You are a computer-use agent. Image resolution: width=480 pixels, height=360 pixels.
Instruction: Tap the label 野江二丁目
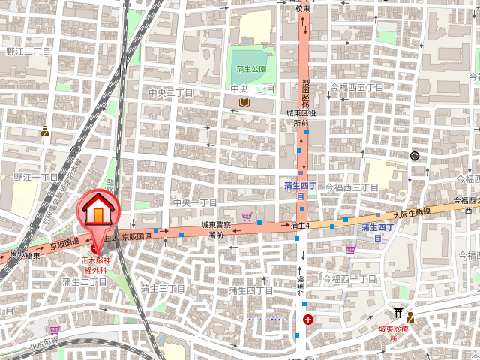pyautogui.click(x=28, y=52)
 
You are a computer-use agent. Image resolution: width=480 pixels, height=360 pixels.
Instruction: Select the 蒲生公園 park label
pyautogui.click(x=251, y=69)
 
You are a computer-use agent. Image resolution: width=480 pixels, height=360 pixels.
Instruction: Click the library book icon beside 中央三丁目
pyautogui.click(x=244, y=102)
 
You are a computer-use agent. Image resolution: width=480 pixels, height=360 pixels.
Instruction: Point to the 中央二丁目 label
pyautogui.click(x=171, y=92)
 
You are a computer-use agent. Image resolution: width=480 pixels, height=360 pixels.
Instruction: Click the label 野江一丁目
pyautogui.click(x=35, y=178)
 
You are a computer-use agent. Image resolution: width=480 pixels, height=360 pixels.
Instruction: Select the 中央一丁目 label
pyautogui.click(x=194, y=203)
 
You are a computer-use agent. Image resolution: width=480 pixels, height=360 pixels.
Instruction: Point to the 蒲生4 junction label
pyautogui.click(x=300, y=226)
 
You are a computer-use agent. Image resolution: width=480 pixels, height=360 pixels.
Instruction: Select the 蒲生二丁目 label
pyautogui.click(x=85, y=281)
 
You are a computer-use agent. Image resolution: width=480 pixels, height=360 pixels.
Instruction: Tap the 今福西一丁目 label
pyautogui.click(x=349, y=278)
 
